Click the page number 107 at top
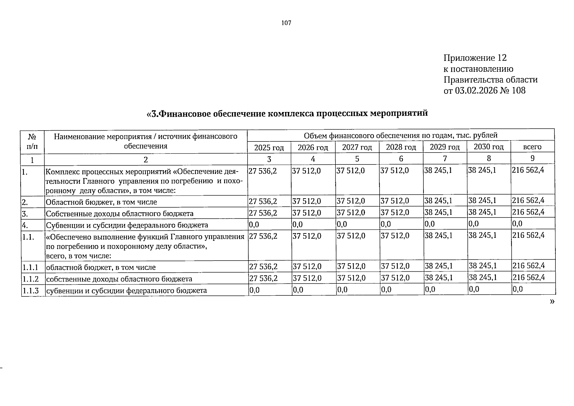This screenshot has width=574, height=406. tap(286, 23)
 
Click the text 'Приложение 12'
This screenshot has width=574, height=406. tap(475, 58)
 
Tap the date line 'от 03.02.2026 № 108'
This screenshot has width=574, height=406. tap(484, 91)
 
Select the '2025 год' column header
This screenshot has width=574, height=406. tap(269, 148)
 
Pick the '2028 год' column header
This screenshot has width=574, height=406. tap(401, 147)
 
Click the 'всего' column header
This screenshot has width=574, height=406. tap(532, 147)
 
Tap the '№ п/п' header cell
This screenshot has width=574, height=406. tap(32, 141)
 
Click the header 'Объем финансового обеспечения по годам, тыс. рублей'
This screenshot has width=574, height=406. tap(400, 136)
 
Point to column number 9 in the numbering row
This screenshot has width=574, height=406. tap(532, 158)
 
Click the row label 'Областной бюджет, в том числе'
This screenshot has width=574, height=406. tap(101, 202)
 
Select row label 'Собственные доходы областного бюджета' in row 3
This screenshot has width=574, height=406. tap(119, 214)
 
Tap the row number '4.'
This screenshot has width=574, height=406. tap(25, 225)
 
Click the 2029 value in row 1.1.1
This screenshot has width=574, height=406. tap(439, 266)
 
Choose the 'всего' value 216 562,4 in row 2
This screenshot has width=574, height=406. tap(528, 201)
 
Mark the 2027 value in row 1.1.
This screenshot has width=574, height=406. tap(351, 236)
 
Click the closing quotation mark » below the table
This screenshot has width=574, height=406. tap(552, 301)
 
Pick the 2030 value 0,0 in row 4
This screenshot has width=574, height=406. tap(473, 224)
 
